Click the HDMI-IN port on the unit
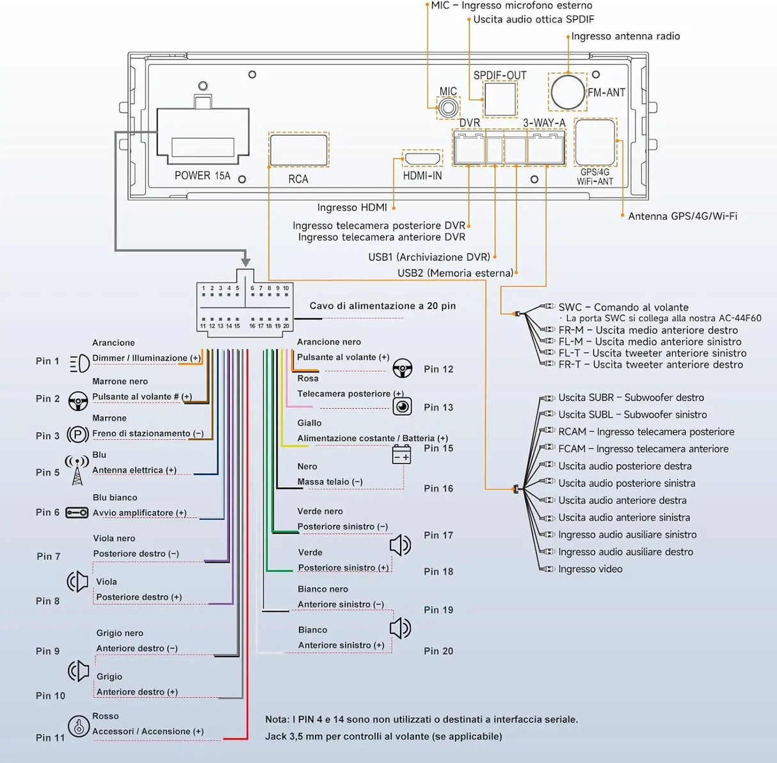pyautogui.click(x=422, y=159)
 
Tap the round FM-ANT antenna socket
pyautogui.click(x=568, y=92)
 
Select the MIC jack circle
pyautogui.click(x=447, y=108)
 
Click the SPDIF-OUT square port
pyautogui.click(x=500, y=99)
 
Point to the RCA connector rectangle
pyautogui.click(x=298, y=150)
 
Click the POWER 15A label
pyautogui.click(x=202, y=175)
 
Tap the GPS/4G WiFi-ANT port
pyautogui.click(x=595, y=142)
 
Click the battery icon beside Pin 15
pyautogui.click(x=401, y=454)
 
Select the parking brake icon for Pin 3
pyautogui.click(x=78, y=435)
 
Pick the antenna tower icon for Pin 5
pyautogui.click(x=77, y=470)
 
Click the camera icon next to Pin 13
pyautogui.click(x=402, y=406)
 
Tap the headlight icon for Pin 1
pyautogui.click(x=79, y=364)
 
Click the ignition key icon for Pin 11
pyautogui.click(x=78, y=727)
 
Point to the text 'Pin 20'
pyautogui.click(x=438, y=651)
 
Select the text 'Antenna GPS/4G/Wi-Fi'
pyautogui.click(x=683, y=216)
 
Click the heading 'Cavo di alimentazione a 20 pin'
pyautogui.click(x=383, y=306)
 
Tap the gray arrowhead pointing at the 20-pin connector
pyautogui.click(x=246, y=262)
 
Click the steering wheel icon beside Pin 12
pyautogui.click(x=403, y=368)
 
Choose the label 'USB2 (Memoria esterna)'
pyautogui.click(x=456, y=273)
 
